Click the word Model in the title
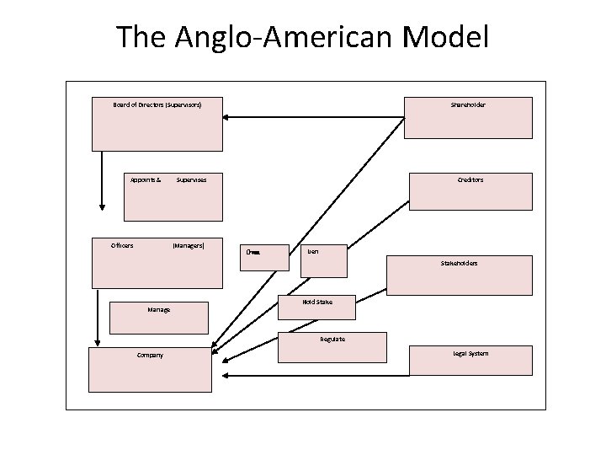[x=445, y=38]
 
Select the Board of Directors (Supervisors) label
[x=157, y=104]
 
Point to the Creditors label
[x=470, y=179]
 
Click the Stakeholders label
[x=459, y=264]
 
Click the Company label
[x=151, y=355]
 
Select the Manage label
[x=158, y=309]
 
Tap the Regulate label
[x=332, y=339]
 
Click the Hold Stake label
[x=316, y=301]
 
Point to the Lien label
[x=313, y=250]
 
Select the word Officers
[x=122, y=246]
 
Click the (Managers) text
[x=188, y=246]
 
